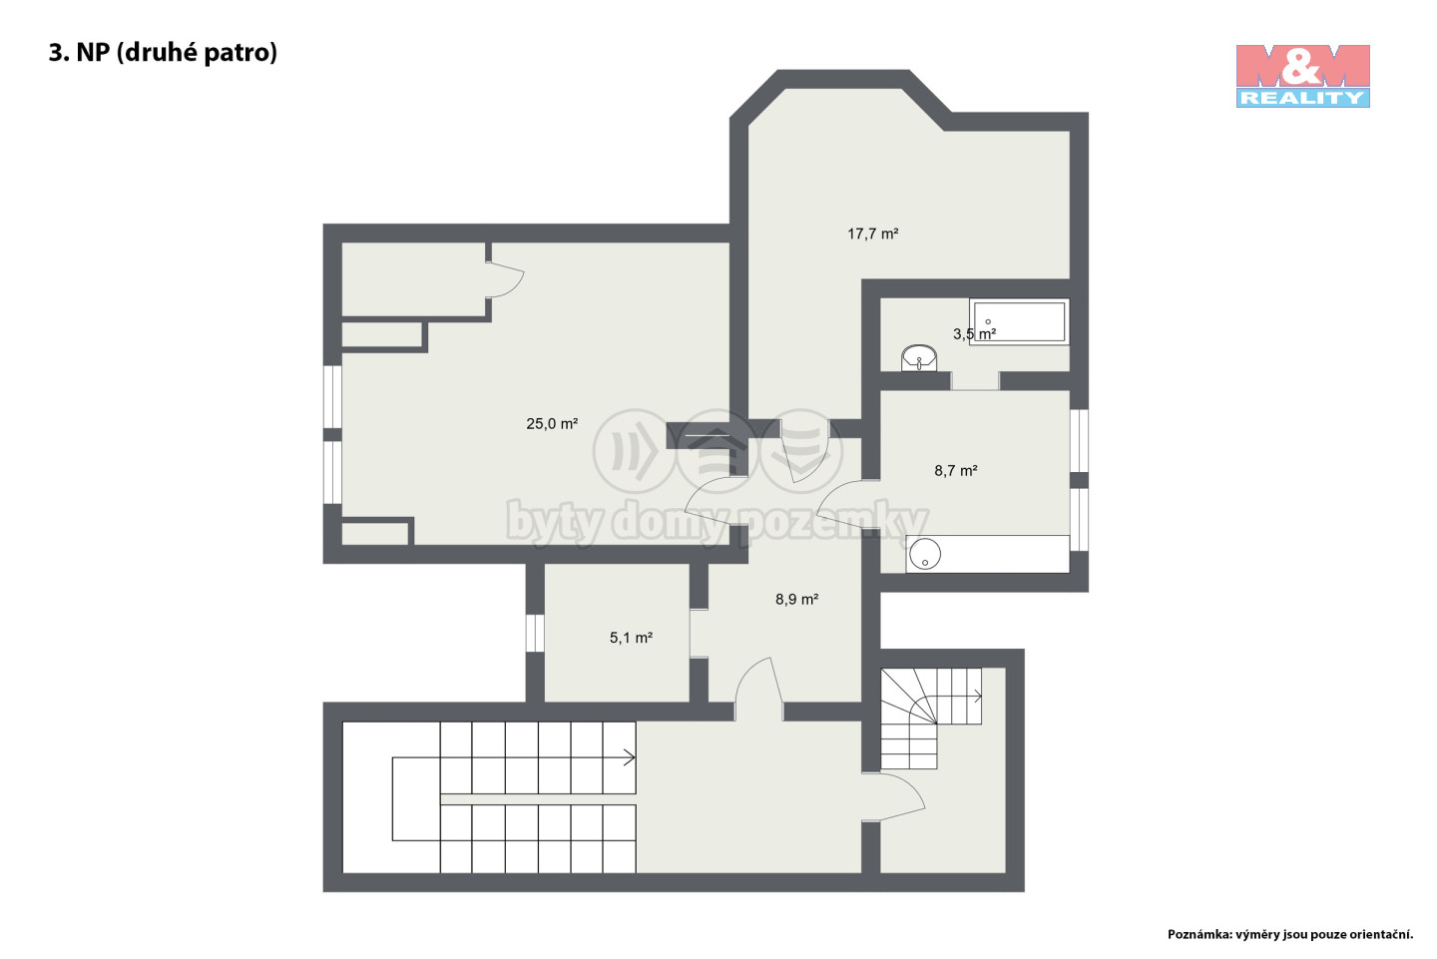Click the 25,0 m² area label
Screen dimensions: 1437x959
[552, 423]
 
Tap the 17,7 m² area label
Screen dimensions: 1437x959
[872, 234]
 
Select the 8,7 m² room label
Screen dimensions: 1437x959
[956, 470]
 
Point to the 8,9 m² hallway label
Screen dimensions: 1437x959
[796, 599]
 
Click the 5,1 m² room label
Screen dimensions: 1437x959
[631, 637]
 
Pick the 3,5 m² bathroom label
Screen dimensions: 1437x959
[974, 333]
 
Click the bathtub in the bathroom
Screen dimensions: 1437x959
[1019, 322]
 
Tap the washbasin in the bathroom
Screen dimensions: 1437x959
[919, 358]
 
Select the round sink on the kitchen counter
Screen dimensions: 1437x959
[924, 553]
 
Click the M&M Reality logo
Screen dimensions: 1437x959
[1302, 76]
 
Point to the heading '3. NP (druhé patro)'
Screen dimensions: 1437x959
[163, 52]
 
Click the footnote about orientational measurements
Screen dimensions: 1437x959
[1290, 935]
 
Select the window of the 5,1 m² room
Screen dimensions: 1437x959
[535, 633]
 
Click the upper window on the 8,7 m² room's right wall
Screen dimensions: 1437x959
[1079, 441]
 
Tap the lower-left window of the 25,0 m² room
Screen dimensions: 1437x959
[332, 473]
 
